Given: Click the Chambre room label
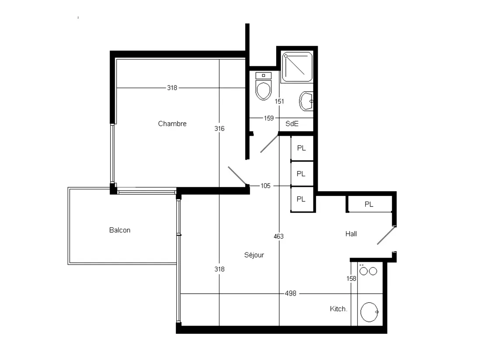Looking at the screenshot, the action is click(x=172, y=123).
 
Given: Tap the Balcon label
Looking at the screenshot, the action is click(x=120, y=230).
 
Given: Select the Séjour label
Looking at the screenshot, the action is click(x=254, y=255).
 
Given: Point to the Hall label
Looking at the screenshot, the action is click(x=351, y=234).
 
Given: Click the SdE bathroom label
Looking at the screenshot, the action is click(x=292, y=123).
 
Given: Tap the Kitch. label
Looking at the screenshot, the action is click(x=338, y=309).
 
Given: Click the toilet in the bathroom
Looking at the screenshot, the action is click(x=263, y=86).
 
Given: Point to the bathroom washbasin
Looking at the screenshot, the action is click(x=306, y=101).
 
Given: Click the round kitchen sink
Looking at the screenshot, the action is click(x=369, y=312).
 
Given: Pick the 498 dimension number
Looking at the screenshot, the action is click(x=291, y=294).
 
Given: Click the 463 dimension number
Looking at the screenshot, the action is click(x=278, y=237).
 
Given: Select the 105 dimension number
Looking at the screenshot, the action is click(x=265, y=186).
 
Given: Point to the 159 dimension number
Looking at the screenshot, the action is click(x=268, y=118).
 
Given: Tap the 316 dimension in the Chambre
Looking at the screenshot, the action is click(x=219, y=129).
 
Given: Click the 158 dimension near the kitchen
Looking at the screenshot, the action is click(x=351, y=278).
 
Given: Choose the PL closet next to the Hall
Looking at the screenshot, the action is click(x=369, y=204).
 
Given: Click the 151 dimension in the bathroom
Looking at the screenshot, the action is click(x=279, y=101).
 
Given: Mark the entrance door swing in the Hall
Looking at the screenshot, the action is click(x=386, y=235).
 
